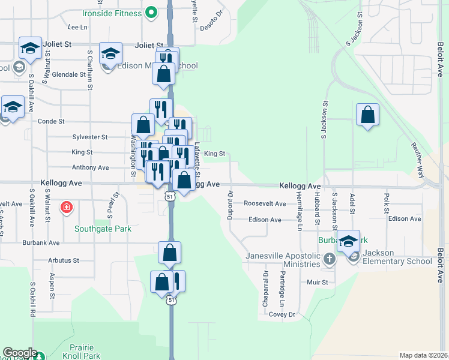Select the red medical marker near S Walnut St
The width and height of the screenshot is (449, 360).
(x=67, y=208)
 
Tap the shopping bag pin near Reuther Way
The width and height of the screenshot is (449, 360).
(x=367, y=115)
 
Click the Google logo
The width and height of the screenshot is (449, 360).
(x=20, y=353)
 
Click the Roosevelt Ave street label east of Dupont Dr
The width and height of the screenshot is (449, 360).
(x=265, y=204)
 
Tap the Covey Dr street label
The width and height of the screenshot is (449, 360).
(x=282, y=314)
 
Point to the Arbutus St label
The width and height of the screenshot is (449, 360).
(x=65, y=260)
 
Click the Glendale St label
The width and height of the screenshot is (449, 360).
(x=68, y=74)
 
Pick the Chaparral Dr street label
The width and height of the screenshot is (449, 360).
(x=265, y=290)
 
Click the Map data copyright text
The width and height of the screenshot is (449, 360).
(x=423, y=355)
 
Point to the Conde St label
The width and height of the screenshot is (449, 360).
(x=51, y=121)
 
